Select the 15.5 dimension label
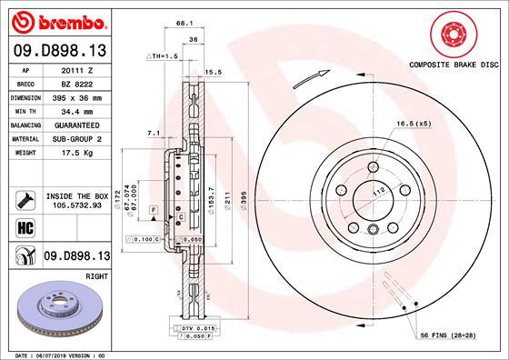click(215, 71)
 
